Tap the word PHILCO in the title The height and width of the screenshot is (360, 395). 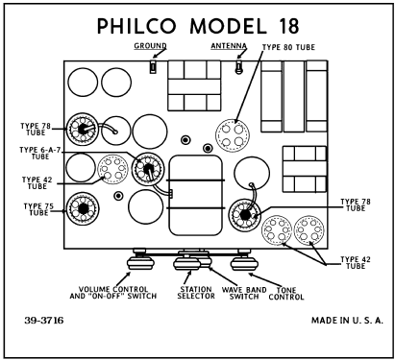136,26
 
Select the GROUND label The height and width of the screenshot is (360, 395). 150,46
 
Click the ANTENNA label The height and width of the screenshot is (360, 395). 229,46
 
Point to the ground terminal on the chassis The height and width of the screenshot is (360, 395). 153,67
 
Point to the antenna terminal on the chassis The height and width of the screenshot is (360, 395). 238,67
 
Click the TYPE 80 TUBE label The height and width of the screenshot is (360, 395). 288,47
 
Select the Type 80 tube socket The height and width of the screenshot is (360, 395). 233,134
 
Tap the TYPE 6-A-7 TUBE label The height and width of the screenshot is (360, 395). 40,153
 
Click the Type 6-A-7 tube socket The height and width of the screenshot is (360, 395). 148,168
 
